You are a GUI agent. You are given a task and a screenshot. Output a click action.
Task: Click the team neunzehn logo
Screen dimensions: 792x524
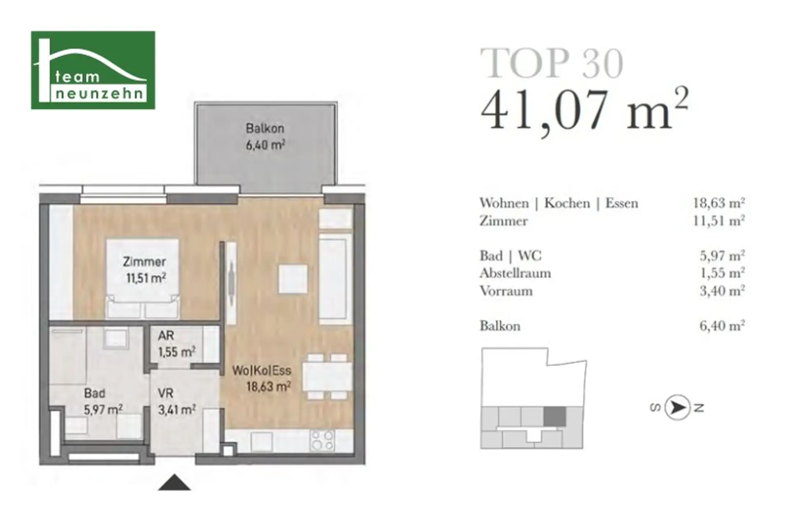coord(93,70)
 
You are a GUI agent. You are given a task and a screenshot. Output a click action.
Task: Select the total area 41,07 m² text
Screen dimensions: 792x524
coord(585,109)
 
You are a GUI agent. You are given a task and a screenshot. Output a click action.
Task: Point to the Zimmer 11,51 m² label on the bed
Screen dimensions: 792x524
coord(145,270)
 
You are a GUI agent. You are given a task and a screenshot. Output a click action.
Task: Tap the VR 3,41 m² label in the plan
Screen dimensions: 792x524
coord(177,401)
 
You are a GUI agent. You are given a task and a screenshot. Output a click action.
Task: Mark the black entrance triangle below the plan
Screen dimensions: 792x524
coord(174,482)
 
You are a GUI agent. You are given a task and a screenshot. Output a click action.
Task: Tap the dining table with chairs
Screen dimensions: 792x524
coord(328,376)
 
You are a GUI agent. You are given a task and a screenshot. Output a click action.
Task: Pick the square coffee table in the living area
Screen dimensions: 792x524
coord(293,279)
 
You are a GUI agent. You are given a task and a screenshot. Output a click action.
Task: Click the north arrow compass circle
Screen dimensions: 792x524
coord(677,408)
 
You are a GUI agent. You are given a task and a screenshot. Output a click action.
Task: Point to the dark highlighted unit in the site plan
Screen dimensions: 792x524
coord(554,417)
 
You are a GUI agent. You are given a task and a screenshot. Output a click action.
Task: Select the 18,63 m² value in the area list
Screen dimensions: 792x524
coord(719,203)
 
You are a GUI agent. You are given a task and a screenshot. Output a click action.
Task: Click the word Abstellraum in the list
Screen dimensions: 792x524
coord(515,273)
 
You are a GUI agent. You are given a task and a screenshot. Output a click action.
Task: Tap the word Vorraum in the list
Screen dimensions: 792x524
coord(506,291)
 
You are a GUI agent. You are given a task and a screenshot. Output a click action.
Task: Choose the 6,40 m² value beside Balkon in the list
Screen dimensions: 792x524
coord(722,326)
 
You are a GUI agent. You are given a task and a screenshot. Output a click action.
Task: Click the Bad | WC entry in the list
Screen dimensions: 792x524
coord(511,256)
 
